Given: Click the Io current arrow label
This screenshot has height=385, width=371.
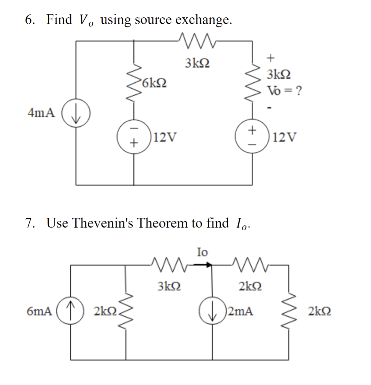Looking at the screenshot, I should pos(202,252).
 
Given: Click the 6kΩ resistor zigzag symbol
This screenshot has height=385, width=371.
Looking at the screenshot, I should pos(134,83).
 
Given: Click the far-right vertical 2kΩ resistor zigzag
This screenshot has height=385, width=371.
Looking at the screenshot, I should pos(289,311).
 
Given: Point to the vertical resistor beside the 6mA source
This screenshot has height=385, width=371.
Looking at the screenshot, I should pos(126,311).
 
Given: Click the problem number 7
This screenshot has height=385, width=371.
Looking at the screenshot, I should pos(30,223).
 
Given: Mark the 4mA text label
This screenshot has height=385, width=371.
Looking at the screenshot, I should pos(41,113).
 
